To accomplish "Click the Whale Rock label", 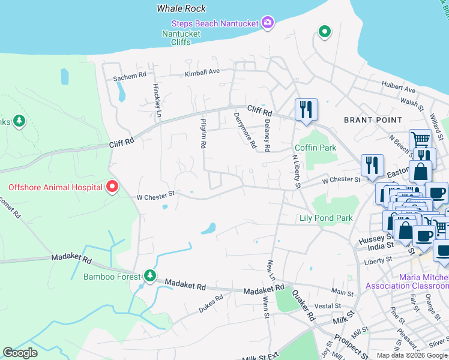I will tap(181, 8).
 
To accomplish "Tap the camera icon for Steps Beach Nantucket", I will tap(268, 23).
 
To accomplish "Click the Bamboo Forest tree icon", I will tap(149, 277).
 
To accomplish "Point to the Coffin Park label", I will tap(315, 148).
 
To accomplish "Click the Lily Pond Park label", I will tap(326, 218).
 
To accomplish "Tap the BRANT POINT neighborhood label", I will tap(372, 120).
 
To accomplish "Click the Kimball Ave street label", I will tap(202, 72).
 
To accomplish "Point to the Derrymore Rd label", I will tap(245, 130).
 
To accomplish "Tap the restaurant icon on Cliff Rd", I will tap(306, 110).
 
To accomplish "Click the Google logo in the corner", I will tap(20, 352).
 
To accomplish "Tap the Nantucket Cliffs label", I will tap(181, 38).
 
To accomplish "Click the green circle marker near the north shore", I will tap(324, 31).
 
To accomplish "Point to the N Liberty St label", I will tap(295, 172).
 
